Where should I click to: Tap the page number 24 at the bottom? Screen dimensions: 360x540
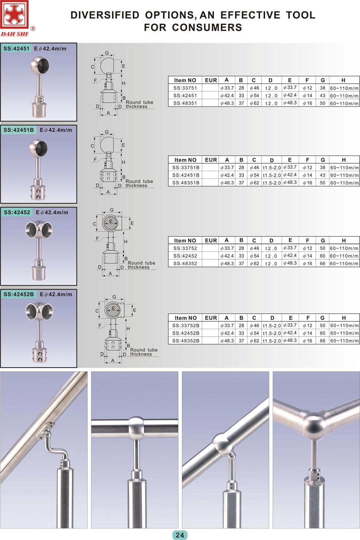(x=180, y=535)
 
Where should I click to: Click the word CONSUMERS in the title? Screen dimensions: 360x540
(x=207, y=28)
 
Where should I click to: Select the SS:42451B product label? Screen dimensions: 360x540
(x=19, y=130)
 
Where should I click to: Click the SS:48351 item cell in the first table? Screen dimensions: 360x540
(x=185, y=103)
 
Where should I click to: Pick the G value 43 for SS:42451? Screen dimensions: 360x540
(x=322, y=96)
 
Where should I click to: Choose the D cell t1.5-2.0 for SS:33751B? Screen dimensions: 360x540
(x=272, y=168)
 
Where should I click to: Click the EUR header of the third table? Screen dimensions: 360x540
(x=211, y=241)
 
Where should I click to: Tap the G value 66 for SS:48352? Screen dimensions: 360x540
(x=322, y=263)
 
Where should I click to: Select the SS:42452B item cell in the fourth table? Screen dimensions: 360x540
(x=186, y=333)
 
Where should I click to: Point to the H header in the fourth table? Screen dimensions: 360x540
(x=344, y=318)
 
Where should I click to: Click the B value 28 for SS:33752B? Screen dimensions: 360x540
(x=241, y=325)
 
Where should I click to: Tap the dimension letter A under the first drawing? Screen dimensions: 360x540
(x=108, y=113)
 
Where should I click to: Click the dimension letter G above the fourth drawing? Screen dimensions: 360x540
(x=114, y=297)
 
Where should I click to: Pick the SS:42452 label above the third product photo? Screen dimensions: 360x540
(x=17, y=212)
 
